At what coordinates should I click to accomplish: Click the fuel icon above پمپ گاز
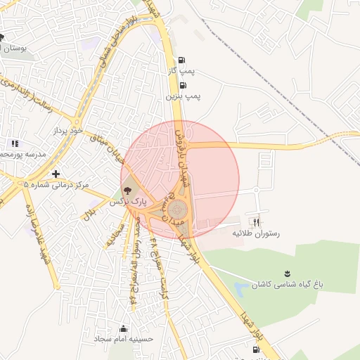[183, 60]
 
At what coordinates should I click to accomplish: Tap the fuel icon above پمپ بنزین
[183, 85]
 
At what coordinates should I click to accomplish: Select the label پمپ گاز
[181, 71]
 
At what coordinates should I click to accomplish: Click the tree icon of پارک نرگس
[127, 190]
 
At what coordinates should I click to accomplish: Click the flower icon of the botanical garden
[287, 272]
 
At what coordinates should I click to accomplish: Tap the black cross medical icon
[56, 173]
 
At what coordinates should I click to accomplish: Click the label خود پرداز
[67, 131]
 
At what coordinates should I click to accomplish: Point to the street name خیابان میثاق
[109, 148]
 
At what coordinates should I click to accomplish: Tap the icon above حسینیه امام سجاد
[124, 328]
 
